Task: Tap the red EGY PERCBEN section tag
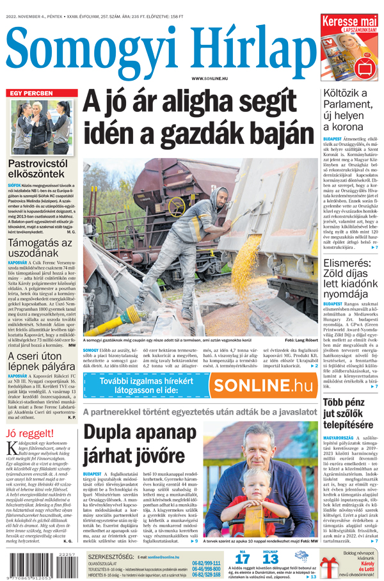[x=31, y=93]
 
